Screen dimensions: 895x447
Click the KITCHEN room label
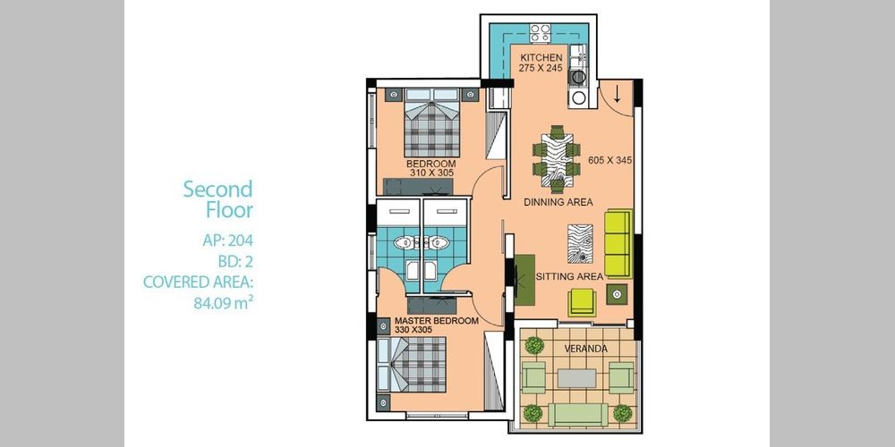click(541, 57)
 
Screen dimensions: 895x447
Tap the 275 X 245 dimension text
click(541, 68)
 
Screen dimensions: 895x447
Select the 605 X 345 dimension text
click(610, 160)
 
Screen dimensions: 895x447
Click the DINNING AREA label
click(558, 202)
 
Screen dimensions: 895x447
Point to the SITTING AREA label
click(569, 276)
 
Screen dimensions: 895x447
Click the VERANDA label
click(585, 349)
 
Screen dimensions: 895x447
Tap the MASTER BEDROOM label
click(437, 320)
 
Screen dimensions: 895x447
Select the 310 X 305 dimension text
click(431, 173)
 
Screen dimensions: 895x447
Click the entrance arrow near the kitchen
click(617, 95)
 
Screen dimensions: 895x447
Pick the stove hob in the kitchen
click(540, 32)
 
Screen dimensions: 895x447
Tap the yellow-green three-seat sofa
click(618, 243)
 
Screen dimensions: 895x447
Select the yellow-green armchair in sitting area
click(582, 302)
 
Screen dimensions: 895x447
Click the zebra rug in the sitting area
click(580, 243)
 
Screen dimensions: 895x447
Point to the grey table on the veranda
click(576, 378)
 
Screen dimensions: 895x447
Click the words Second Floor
click(218, 199)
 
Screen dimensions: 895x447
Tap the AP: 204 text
click(227, 240)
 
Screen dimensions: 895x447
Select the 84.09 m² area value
click(223, 303)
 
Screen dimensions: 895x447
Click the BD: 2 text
click(235, 261)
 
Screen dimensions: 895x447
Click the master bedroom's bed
click(412, 365)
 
